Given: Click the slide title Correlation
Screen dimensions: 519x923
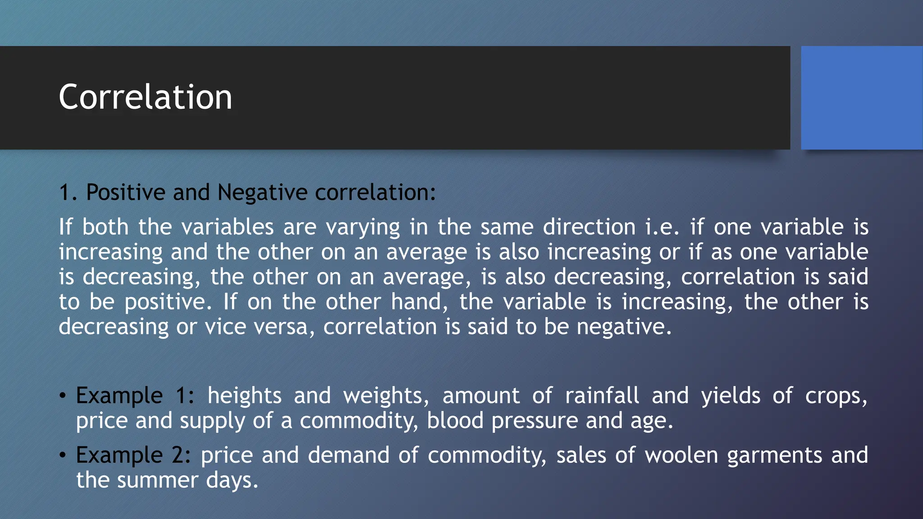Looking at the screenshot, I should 145,97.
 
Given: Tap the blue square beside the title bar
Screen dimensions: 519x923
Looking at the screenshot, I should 862,97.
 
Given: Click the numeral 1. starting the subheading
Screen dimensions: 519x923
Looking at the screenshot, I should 68,193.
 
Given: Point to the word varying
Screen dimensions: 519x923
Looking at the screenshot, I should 363,227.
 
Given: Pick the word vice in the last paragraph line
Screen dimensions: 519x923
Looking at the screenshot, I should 225,327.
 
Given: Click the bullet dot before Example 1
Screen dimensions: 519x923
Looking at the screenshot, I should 63,396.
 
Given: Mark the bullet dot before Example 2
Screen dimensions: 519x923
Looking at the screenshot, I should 63,455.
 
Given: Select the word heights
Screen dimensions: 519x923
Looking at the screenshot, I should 244,396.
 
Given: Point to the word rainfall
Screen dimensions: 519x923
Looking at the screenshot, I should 602,396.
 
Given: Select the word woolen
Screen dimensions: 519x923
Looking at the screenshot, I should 681,455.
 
